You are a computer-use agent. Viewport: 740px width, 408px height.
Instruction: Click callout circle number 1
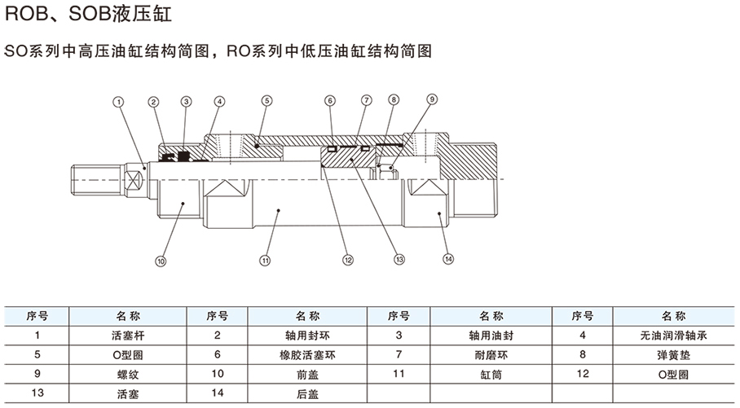coord(119,102)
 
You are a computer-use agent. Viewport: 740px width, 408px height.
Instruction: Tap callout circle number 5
coord(266,102)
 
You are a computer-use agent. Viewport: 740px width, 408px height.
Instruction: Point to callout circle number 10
coord(161,262)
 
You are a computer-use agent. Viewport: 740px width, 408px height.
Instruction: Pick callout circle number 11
coord(265,261)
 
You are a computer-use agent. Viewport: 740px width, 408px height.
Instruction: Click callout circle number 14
coord(447,260)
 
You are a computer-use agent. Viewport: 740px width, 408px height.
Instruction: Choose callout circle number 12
coord(348,261)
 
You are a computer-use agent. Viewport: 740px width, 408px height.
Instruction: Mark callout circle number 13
coord(399,261)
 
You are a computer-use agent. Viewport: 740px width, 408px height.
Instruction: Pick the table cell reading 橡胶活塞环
coord(302,355)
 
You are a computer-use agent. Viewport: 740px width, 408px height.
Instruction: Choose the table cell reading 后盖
coord(302,394)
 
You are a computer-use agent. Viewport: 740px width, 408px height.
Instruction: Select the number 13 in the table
coord(36,394)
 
